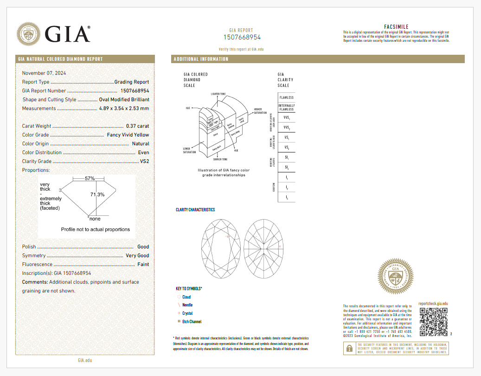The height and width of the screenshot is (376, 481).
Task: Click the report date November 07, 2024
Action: (44, 73)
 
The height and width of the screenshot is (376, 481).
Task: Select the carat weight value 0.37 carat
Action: (137, 126)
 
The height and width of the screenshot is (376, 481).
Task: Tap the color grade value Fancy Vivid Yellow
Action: (128, 135)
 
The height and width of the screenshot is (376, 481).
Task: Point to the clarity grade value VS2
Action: (144, 161)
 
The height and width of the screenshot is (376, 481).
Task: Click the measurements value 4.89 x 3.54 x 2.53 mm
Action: (124, 108)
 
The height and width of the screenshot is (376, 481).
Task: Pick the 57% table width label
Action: (90, 178)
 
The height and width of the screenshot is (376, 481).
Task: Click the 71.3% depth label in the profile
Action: (97, 194)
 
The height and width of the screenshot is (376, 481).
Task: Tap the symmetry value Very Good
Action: (137, 255)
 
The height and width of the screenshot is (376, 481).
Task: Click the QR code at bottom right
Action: (434, 322)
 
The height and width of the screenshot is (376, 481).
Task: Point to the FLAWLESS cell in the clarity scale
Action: (286, 97)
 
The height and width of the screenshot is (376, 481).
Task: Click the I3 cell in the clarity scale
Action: (286, 198)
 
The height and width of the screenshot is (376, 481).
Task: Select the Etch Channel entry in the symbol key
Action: (192, 322)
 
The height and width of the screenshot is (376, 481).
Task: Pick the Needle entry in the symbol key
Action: (187, 305)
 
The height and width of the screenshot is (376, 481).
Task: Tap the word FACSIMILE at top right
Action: (396, 27)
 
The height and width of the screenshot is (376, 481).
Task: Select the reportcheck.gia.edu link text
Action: (433, 304)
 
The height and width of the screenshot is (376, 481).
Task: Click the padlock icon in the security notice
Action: (349, 348)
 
